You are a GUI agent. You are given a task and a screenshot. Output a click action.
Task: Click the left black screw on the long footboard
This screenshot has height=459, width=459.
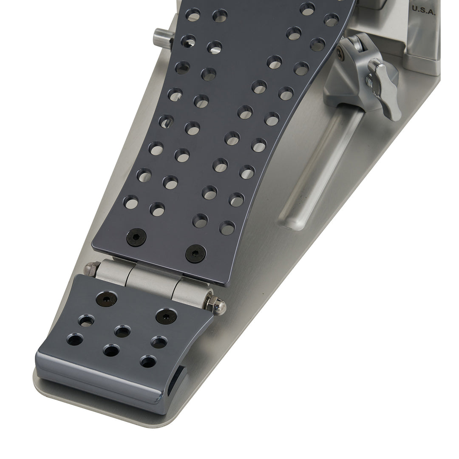(x=136, y=237)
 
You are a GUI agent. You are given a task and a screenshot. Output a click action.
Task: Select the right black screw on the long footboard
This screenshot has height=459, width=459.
(x=195, y=254)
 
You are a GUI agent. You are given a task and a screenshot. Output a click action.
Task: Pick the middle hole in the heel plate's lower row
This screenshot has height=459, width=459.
(x=111, y=350)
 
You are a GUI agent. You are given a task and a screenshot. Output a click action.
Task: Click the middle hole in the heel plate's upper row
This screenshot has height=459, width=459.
(x=122, y=331)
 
